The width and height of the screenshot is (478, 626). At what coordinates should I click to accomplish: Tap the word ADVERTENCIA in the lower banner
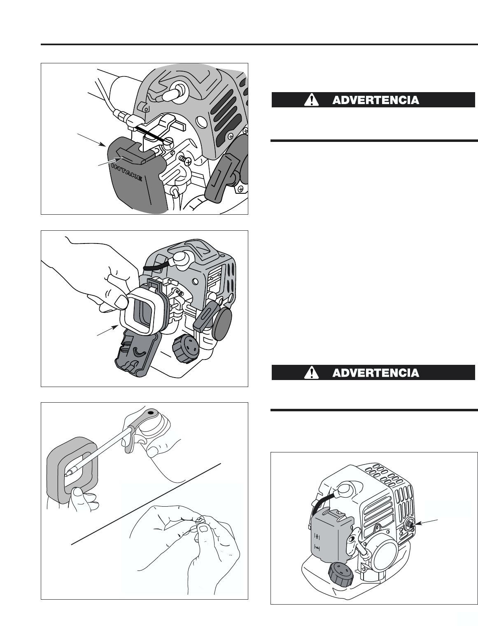coord(375,373)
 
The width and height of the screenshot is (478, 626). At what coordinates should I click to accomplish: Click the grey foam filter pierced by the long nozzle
coord(72,473)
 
